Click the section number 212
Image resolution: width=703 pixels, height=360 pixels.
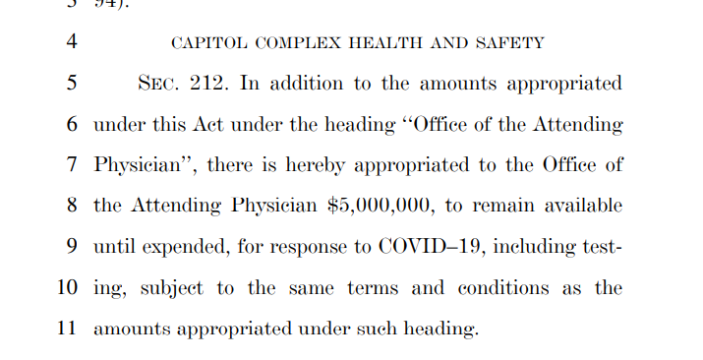coord(209,84)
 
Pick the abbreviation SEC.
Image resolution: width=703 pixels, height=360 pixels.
coord(160,84)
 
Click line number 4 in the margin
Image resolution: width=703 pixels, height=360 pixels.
coord(71,43)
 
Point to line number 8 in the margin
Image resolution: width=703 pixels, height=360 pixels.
coord(71,206)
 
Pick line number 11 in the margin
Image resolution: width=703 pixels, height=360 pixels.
coord(67,329)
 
